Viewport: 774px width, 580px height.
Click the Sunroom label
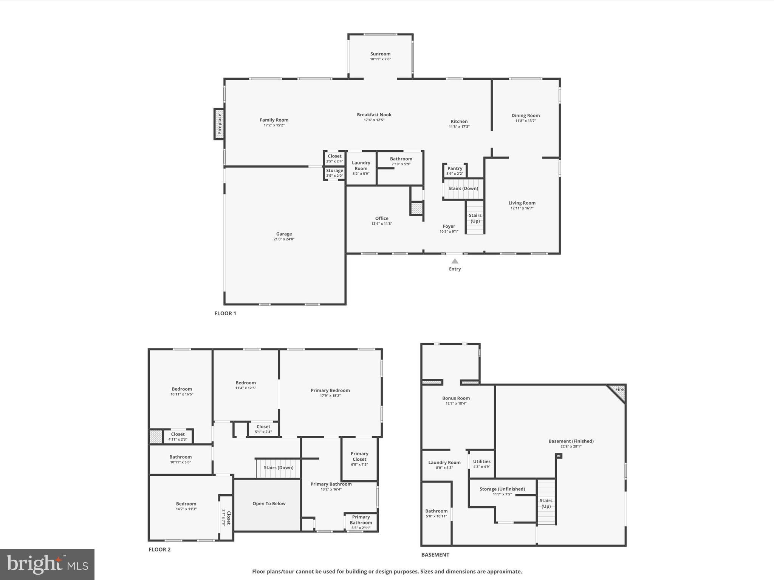tap(380, 54)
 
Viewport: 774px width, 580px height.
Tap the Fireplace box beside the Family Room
tap(219, 124)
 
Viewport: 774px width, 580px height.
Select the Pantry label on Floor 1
tap(455, 168)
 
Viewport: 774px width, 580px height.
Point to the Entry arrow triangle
tap(455, 261)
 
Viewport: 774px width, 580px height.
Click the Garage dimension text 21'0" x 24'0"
tap(284, 239)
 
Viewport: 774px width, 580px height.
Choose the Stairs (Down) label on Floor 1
tap(463, 188)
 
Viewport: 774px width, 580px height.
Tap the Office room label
tap(382, 218)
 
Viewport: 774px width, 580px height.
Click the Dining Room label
tap(525, 116)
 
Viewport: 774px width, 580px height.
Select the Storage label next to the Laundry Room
tap(334, 171)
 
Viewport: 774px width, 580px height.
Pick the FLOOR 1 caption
tap(225, 313)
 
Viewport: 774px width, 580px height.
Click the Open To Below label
tap(269, 503)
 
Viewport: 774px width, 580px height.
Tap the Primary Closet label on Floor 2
tap(359, 456)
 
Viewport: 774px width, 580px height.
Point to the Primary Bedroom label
tap(330, 390)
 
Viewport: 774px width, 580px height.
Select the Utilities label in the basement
tap(481, 461)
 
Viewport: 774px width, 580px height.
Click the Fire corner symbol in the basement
tap(618, 392)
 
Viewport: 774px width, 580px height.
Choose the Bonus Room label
tap(456, 398)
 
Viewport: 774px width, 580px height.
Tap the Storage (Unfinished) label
tap(502, 489)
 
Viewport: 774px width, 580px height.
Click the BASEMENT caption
tap(435, 555)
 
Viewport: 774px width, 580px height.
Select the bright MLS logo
tap(47, 565)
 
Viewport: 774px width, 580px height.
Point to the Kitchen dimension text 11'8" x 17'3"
tap(459, 127)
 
